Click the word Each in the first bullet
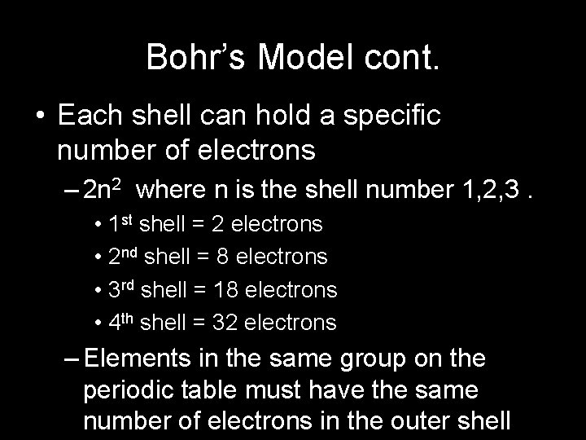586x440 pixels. (x=87, y=117)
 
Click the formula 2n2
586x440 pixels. (x=103, y=191)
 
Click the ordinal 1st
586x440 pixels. (x=121, y=224)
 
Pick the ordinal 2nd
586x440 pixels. (x=124, y=257)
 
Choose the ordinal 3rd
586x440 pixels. (x=123, y=290)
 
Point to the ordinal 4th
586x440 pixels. (x=122, y=323)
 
